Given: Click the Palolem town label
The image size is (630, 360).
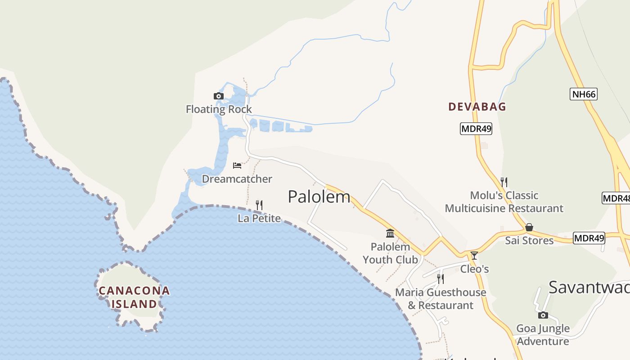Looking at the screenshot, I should [319, 197].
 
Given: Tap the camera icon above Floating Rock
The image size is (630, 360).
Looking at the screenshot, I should [218, 96].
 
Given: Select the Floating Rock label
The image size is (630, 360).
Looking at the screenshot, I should [219, 109].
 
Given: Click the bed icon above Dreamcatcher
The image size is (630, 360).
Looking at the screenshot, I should [237, 166].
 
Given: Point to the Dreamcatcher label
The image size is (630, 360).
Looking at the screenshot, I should [237, 179].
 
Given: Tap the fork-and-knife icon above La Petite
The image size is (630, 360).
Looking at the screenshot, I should [259, 205].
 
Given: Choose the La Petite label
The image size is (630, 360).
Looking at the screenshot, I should [259, 218].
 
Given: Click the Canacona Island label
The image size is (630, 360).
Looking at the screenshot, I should [134, 297].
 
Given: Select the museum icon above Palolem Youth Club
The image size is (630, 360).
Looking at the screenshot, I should [390, 234].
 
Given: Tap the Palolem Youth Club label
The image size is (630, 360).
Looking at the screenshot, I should [390, 253].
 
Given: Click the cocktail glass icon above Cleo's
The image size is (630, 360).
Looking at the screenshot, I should [474, 256].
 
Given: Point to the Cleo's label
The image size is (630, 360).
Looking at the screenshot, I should [474, 269].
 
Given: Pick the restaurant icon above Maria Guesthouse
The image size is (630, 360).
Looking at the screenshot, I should [441, 279].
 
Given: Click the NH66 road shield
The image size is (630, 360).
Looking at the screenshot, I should [583, 94].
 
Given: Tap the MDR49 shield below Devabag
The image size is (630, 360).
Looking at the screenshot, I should [476, 129].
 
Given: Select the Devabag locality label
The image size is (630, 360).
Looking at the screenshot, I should [477, 107].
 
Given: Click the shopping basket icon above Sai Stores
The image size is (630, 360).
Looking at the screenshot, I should [529, 227].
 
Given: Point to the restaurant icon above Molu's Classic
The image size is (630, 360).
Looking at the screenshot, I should [504, 182].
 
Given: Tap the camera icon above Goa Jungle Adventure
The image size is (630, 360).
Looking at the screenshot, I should [543, 315].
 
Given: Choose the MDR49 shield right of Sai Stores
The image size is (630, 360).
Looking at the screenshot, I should [589, 238].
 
